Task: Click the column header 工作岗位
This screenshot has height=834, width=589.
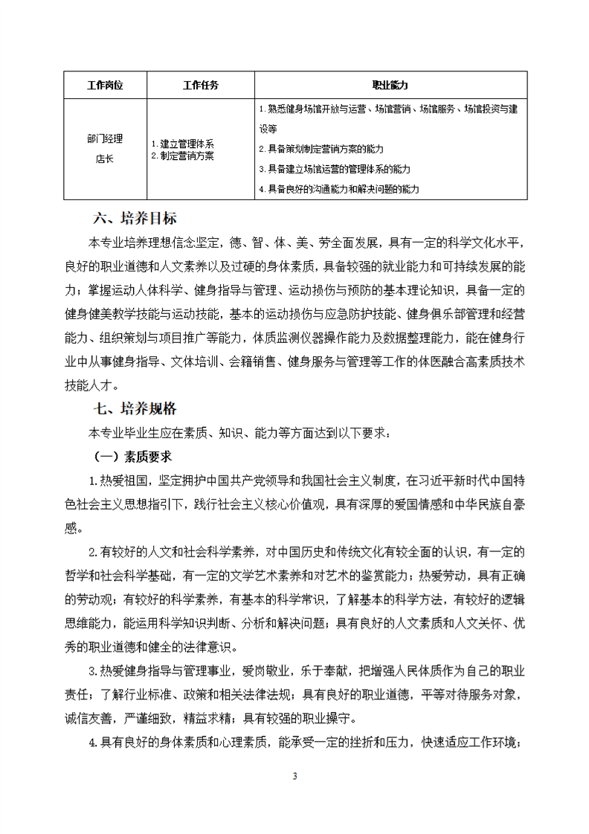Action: [104, 86]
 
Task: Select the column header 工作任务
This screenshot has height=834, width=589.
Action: [200, 86]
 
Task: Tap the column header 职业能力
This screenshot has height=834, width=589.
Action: [390, 86]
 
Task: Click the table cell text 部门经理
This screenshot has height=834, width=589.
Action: [104, 138]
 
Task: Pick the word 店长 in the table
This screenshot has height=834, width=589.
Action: [104, 157]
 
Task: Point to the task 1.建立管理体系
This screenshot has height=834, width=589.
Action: [183, 144]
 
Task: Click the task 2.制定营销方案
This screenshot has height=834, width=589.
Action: [183, 155]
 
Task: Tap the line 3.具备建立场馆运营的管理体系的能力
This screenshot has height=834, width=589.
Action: [335, 169]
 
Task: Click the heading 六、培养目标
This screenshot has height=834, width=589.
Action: [135, 219]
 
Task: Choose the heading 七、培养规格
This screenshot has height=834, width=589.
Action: [135, 408]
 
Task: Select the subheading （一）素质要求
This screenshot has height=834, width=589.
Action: [132, 455]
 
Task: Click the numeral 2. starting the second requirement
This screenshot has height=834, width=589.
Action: [94, 551]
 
